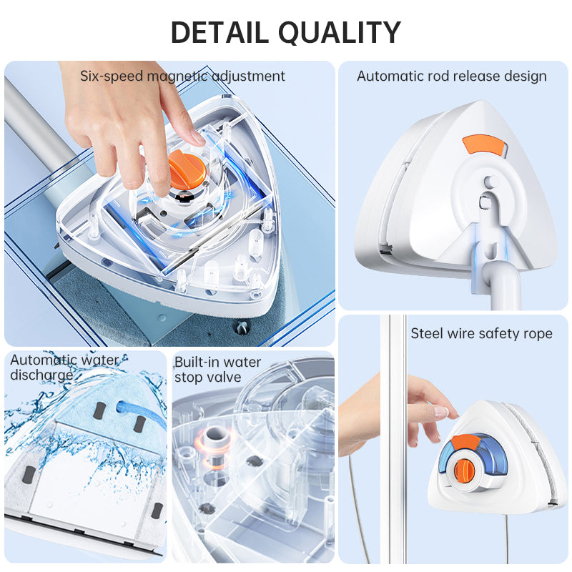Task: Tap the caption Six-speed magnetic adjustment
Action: click(182, 76)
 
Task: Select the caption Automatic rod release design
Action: click(452, 76)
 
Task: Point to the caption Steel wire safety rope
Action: click(481, 333)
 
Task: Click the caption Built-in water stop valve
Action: click(217, 369)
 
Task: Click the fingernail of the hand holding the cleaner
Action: click(441, 412)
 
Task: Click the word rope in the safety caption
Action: click(538, 333)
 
